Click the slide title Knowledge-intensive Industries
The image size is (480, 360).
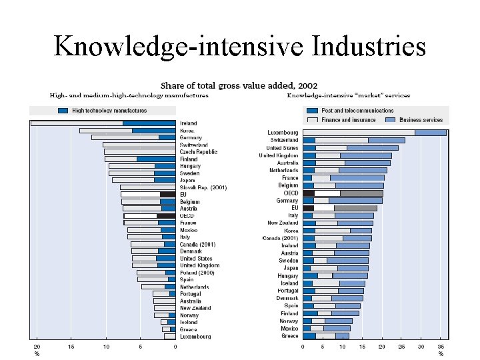click(239, 46)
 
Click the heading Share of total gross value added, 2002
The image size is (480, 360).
click(239, 85)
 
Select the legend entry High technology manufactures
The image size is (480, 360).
click(100, 110)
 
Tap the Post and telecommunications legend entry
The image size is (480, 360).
click(357, 111)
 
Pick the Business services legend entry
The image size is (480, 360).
click(420, 120)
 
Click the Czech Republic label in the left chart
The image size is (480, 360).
click(198, 152)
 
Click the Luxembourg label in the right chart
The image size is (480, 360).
click(283, 133)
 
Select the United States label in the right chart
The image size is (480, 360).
click(282, 148)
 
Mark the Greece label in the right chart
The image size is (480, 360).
click(289, 336)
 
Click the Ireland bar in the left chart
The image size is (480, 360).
click(103, 123)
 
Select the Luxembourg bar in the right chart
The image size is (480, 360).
click(373, 133)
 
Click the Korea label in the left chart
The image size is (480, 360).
click(187, 131)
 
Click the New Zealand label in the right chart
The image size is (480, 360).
click(283, 223)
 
